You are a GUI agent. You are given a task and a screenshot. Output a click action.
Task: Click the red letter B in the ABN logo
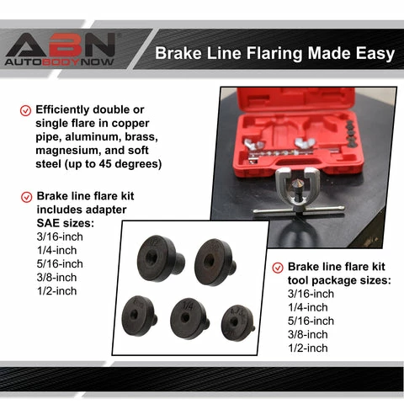[x=64, y=45]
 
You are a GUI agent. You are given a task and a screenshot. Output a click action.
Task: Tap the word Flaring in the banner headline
[x=274, y=54]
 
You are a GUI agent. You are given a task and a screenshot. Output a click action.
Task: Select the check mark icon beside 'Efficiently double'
[x=25, y=110]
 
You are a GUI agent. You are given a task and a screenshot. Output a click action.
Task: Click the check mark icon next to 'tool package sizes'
[x=278, y=268]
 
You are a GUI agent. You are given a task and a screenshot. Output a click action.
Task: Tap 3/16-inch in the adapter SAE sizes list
[x=60, y=237]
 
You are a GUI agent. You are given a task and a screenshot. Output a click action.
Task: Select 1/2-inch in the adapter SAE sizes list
[x=56, y=291]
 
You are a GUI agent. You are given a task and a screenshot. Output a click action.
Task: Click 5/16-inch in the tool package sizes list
[x=311, y=321]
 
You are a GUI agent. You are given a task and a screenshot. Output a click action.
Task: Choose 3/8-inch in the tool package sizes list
[x=308, y=334]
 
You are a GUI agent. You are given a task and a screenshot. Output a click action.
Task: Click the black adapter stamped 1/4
[x=189, y=318]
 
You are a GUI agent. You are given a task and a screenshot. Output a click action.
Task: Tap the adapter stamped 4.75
[x=238, y=322]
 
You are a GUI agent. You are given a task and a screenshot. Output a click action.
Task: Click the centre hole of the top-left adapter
[x=151, y=257]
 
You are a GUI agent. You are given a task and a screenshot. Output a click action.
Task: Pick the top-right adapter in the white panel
[x=215, y=262]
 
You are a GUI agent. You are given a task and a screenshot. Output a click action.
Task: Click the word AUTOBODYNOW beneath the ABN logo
[x=60, y=62]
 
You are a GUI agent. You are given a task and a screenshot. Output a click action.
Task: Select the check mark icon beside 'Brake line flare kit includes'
[x=27, y=197]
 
